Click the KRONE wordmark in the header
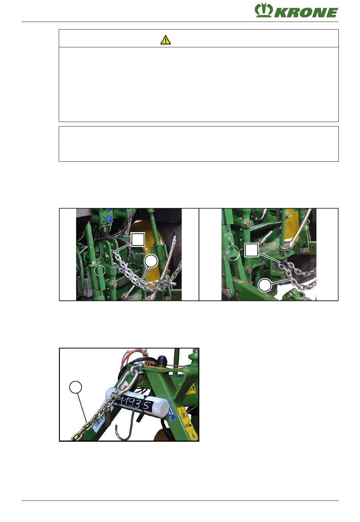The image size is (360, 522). (306, 13)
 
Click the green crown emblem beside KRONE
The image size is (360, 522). (263, 11)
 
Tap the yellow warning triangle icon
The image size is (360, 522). (165, 40)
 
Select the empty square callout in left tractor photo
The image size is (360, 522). (138, 239)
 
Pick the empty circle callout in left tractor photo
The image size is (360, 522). (151, 261)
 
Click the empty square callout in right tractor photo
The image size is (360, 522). (252, 250)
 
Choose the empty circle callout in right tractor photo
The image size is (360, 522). (265, 285)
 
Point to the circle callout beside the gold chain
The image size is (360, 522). (75, 387)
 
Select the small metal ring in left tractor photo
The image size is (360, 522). (100, 270)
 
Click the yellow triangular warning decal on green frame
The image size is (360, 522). (182, 413)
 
